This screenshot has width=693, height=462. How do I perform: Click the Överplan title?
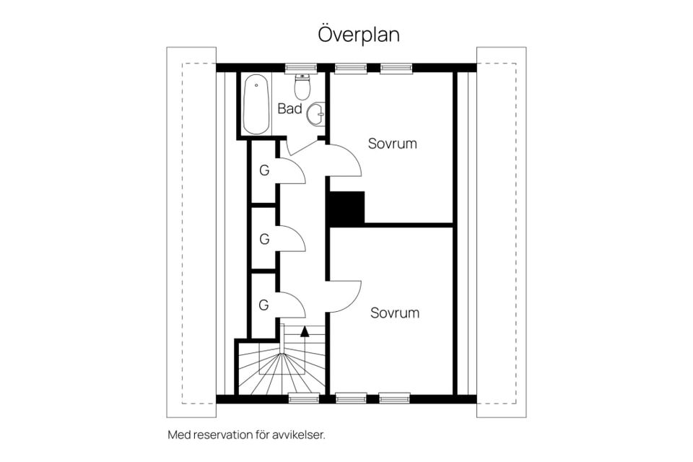tap(359, 35)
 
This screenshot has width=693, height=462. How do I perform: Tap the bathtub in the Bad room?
tap(256, 105)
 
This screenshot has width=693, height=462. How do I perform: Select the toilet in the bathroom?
tap(302, 87)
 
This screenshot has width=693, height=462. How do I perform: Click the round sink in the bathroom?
tap(316, 114)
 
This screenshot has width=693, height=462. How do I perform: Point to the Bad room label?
tap(290, 108)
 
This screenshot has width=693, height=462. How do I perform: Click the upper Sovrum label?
tap(393, 143)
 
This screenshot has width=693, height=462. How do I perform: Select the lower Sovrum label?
tap(395, 313)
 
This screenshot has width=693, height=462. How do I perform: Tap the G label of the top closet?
tap(264, 170)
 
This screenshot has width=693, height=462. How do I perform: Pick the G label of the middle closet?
tap(264, 239)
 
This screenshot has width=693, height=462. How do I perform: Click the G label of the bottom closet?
tap(264, 305)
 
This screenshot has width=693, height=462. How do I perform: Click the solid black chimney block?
tap(347, 207)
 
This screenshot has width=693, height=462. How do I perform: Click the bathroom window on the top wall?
tap(300, 68)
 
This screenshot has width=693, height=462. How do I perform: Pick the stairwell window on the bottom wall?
tap(304, 398)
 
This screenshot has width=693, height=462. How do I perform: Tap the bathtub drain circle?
tap(256, 85)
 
